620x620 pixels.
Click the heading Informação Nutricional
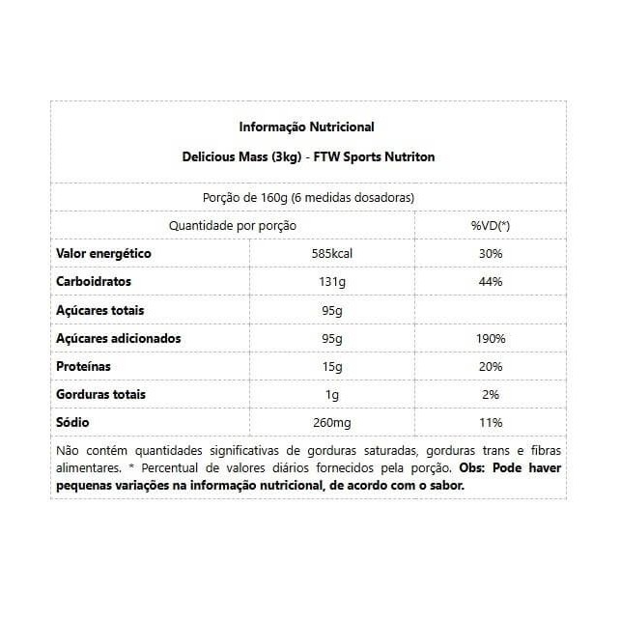click(306, 127)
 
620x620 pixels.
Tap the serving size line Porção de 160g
click(309, 197)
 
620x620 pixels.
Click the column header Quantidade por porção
click(233, 225)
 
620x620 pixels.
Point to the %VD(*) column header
click(490, 225)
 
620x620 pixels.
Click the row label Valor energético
click(104, 254)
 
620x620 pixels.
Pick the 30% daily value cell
click(490, 254)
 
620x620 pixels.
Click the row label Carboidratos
click(95, 282)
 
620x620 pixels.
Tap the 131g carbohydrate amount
click(332, 282)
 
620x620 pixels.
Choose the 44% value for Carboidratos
click(490, 282)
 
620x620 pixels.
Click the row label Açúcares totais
click(100, 311)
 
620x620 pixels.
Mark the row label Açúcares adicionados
click(119, 339)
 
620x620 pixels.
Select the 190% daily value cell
click(490, 339)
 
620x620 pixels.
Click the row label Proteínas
click(84, 367)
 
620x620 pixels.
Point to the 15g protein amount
click(332, 367)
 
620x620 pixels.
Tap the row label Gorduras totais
click(101, 395)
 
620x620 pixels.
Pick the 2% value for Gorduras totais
click(490, 395)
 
